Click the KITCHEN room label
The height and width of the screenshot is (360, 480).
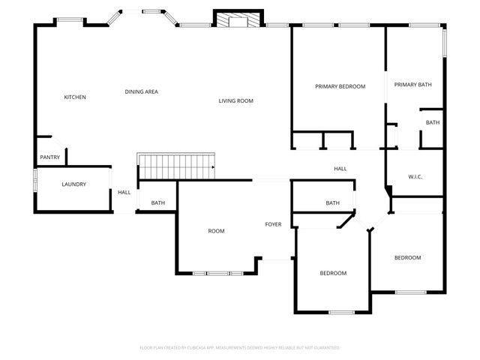pyautogui.click(x=75, y=97)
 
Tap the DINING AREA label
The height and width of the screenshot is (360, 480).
pyautogui.click(x=141, y=91)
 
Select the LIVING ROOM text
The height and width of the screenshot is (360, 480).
pyautogui.click(x=235, y=101)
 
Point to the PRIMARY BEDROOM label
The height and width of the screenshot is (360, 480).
pyautogui.click(x=339, y=87)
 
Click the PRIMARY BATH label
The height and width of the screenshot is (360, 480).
pyautogui.click(x=414, y=85)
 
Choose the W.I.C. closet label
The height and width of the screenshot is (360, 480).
pyautogui.click(x=415, y=177)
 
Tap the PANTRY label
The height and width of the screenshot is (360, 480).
pyautogui.click(x=49, y=157)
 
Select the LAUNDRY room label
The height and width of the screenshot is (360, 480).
pyautogui.click(x=73, y=184)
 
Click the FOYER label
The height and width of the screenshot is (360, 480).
pyautogui.click(x=273, y=224)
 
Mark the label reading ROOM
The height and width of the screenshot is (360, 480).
pyautogui.click(x=216, y=231)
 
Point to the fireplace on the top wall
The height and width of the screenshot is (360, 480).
pyautogui.click(x=238, y=19)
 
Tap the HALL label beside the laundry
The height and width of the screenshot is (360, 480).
pyautogui.click(x=124, y=193)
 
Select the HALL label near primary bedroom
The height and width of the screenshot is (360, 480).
pyautogui.click(x=340, y=169)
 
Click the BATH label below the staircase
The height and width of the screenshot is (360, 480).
pyautogui.click(x=157, y=203)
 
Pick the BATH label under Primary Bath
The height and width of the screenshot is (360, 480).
pyautogui.click(x=433, y=122)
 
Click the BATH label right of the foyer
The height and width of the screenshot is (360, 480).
pyautogui.click(x=332, y=203)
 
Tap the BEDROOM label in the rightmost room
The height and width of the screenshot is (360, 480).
pyautogui.click(x=407, y=258)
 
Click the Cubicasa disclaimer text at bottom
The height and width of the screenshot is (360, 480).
pyautogui.click(x=240, y=348)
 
